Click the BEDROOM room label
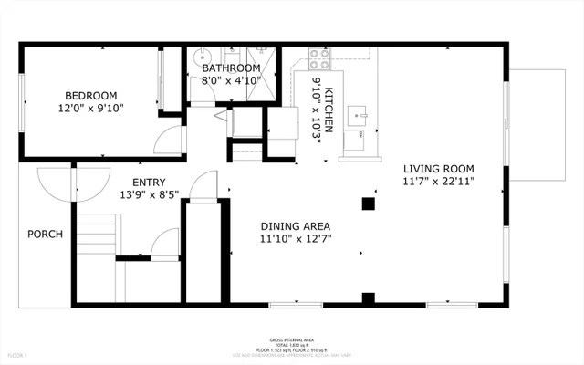click(x=90, y=96)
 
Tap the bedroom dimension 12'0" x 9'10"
click(x=90, y=109)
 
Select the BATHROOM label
click(x=232, y=68)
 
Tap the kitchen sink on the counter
click(x=363, y=114)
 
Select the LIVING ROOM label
click(x=454, y=168)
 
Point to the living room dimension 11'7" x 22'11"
click(x=454, y=181)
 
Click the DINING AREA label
click(x=295, y=226)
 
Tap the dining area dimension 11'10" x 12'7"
click(x=295, y=240)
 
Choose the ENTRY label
click(x=149, y=182)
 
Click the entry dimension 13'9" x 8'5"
click(x=149, y=194)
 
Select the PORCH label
click(x=45, y=235)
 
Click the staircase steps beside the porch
click(x=96, y=237)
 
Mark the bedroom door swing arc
click(x=167, y=139)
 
